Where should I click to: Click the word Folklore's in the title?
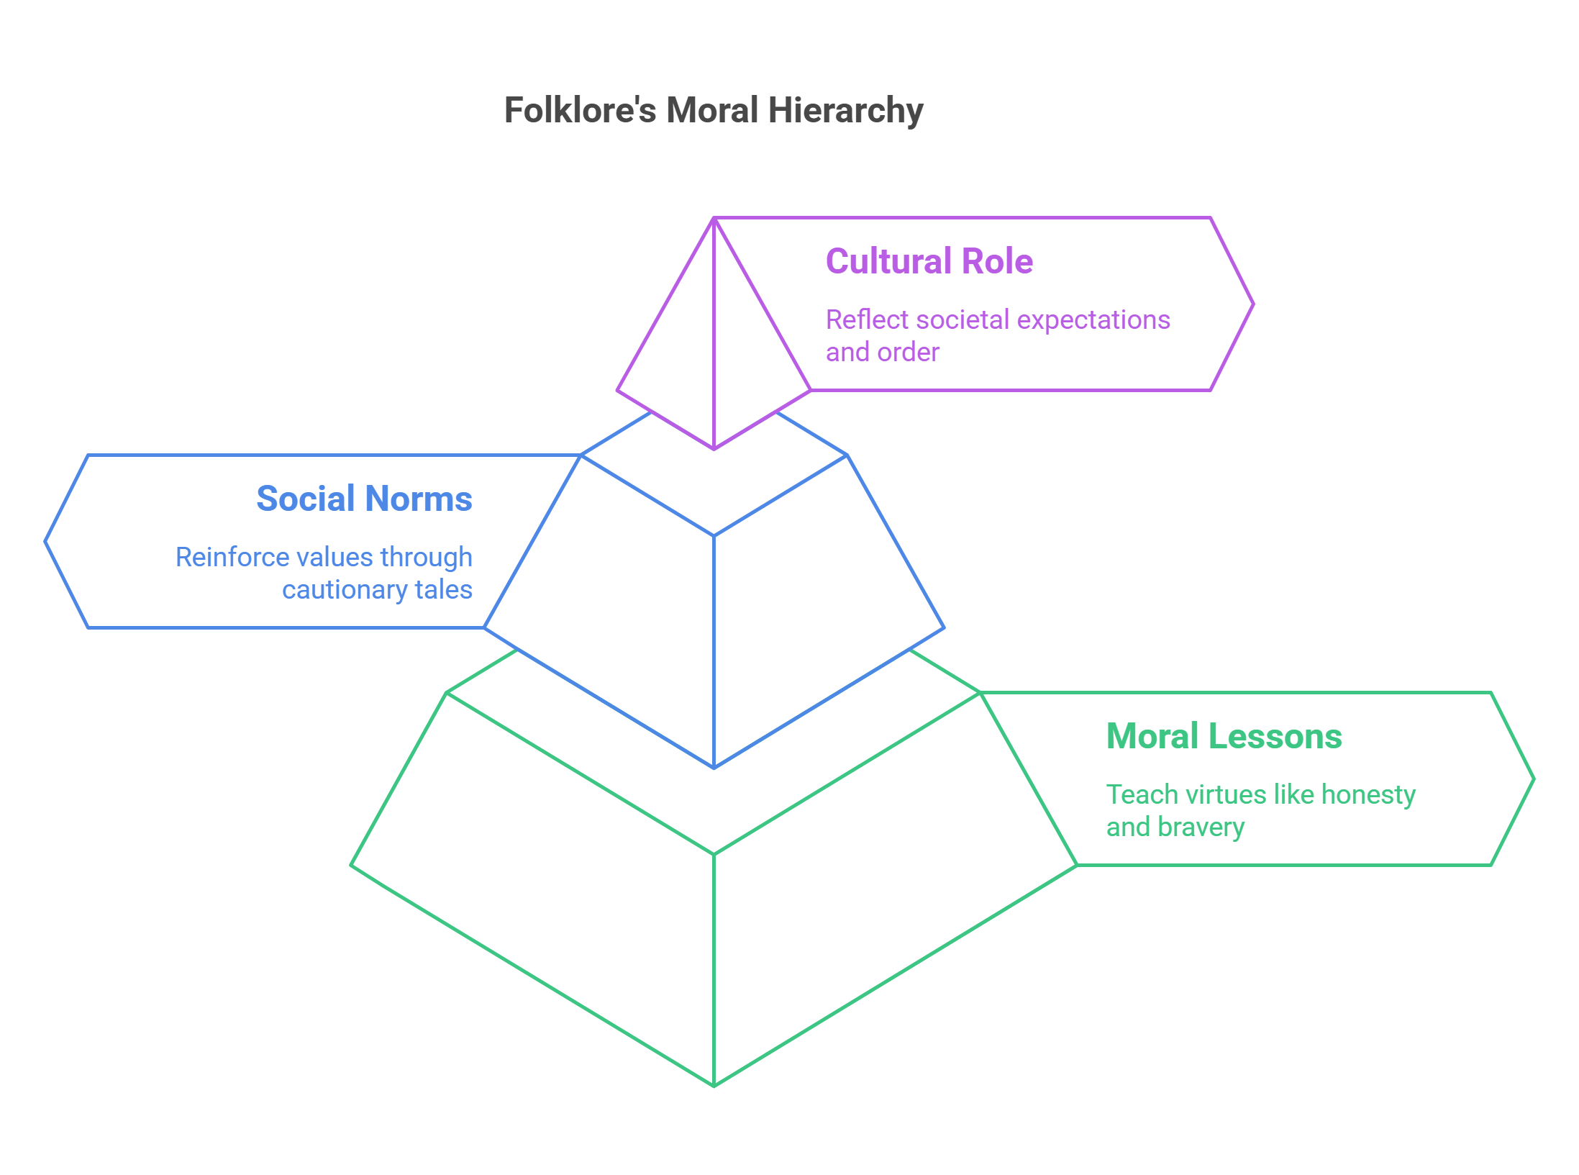click(580, 111)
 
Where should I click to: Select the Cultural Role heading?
click(929, 261)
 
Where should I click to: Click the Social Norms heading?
click(364, 499)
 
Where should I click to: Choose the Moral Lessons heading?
click(1224, 736)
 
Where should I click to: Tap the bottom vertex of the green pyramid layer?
click(714, 1085)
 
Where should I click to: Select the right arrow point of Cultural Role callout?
click(1252, 304)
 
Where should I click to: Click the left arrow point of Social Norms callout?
click(46, 542)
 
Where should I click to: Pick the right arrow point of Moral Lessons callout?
click(1533, 779)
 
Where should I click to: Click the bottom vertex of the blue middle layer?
click(714, 767)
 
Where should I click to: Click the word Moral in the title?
click(712, 111)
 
